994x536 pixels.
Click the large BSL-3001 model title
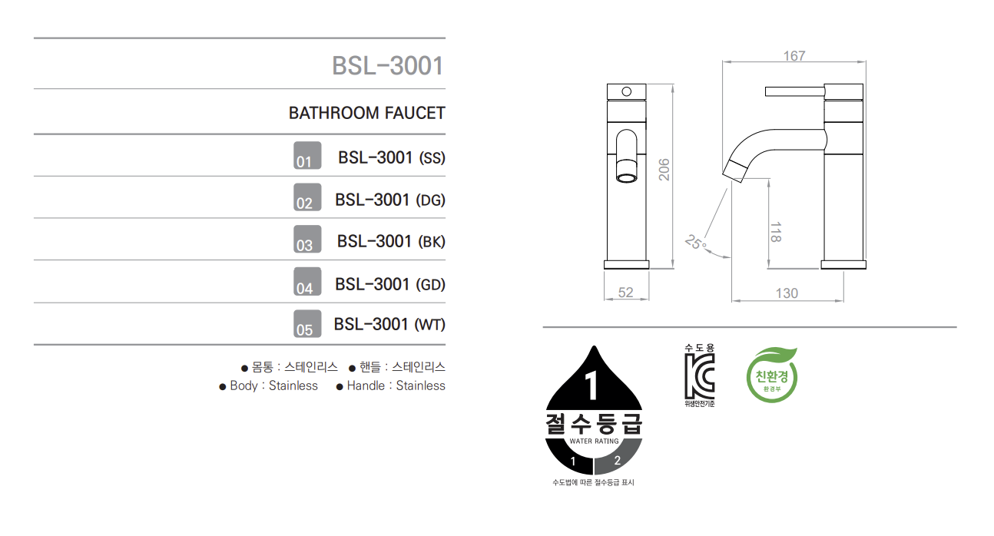pyautogui.click(x=388, y=66)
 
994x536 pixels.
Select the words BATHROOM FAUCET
pyautogui.click(x=366, y=113)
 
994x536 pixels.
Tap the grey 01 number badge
pyautogui.click(x=307, y=155)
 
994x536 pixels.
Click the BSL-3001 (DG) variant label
pyautogui.click(x=390, y=200)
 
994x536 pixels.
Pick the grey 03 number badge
pyautogui.click(x=307, y=239)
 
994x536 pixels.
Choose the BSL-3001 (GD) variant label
pyautogui.click(x=390, y=284)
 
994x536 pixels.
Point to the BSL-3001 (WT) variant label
pyautogui.click(x=389, y=324)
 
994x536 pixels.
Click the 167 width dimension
pyautogui.click(x=794, y=56)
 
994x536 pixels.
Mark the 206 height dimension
pyautogui.click(x=664, y=170)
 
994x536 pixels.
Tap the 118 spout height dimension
pyautogui.click(x=776, y=232)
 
